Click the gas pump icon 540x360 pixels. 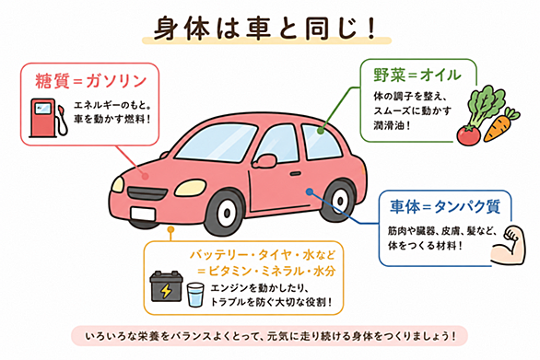click(48, 118)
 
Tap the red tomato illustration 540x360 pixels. click(468, 135)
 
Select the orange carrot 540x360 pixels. click(499, 125)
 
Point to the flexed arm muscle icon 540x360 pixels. click(509, 245)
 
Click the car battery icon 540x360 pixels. click(167, 286)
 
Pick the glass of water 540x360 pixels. click(195, 295)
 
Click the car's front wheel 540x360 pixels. click(226, 213)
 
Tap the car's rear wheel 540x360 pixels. click(338, 201)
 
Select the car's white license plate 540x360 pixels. click(143, 214)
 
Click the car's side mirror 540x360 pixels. click(265, 161)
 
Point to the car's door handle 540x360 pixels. click(296, 174)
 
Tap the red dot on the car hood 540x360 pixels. click(146, 176)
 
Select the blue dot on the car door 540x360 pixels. click(310, 192)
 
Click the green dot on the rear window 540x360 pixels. click(321, 131)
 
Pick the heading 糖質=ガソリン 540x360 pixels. click(91, 81)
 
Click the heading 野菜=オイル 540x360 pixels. click(417, 75)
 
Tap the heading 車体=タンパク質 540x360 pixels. click(445, 206)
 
